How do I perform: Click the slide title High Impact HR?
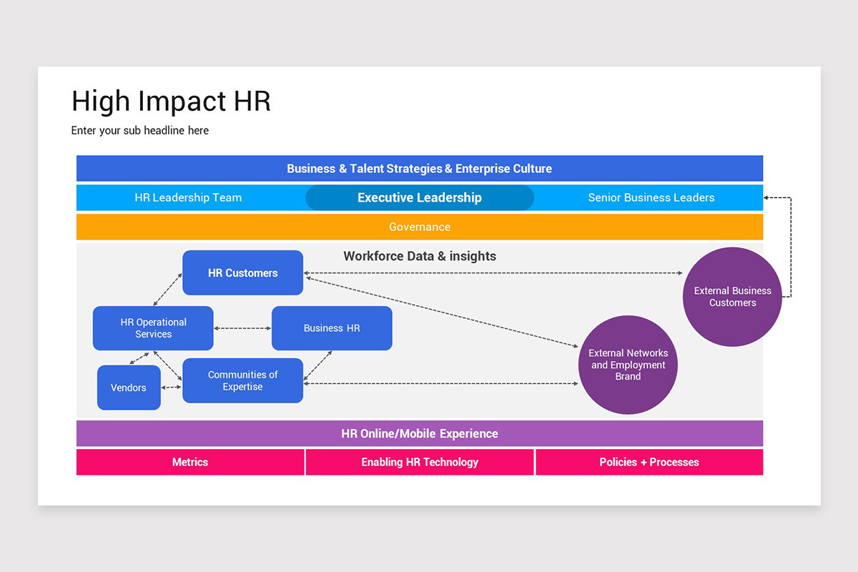(171, 101)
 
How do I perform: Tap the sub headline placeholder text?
(140, 130)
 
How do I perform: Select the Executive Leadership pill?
(420, 197)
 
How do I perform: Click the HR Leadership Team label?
(188, 197)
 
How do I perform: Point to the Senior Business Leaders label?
(651, 197)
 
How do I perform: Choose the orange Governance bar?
(420, 227)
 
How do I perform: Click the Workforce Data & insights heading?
(420, 256)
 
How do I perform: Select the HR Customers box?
(242, 272)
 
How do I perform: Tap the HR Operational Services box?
(153, 328)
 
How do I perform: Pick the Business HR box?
(332, 328)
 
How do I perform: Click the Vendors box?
(129, 388)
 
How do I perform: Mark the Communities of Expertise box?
(242, 380)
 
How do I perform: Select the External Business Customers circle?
(732, 297)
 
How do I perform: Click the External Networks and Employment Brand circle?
(628, 365)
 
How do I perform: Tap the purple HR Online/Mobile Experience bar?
(420, 433)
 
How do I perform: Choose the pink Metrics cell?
(190, 462)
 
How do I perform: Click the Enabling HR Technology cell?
(420, 462)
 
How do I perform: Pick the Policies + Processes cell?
(649, 462)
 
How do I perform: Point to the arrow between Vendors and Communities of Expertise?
(172, 388)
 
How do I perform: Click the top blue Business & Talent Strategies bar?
(420, 169)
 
